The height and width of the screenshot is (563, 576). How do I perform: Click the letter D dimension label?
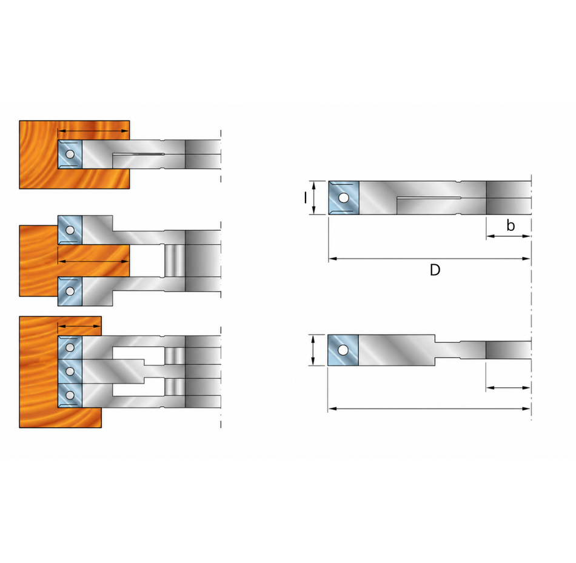[x=435, y=270]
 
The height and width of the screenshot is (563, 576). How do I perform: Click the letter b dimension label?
[x=511, y=225]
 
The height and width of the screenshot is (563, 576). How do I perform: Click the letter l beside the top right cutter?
[x=305, y=198]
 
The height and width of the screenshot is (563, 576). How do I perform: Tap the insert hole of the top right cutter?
[x=344, y=198]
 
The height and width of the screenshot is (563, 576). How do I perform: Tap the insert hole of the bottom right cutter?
[x=343, y=350]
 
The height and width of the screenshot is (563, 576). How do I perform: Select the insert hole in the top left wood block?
[x=69, y=155]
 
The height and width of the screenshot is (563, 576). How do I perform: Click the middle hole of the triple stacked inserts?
[x=70, y=371]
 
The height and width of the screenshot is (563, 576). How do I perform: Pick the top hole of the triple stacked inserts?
[x=70, y=347]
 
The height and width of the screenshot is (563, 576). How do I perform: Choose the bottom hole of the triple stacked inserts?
[x=70, y=395]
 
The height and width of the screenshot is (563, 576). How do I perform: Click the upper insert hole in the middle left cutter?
[x=69, y=230]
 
